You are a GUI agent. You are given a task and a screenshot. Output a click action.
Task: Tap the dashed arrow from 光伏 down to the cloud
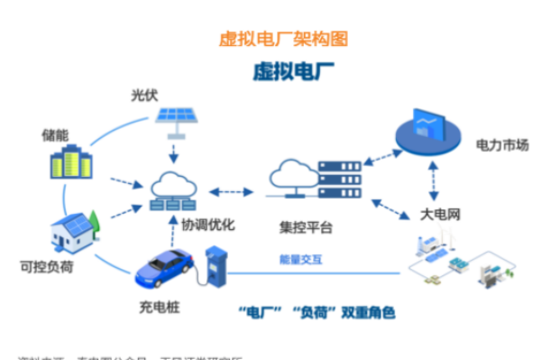point(174,149)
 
